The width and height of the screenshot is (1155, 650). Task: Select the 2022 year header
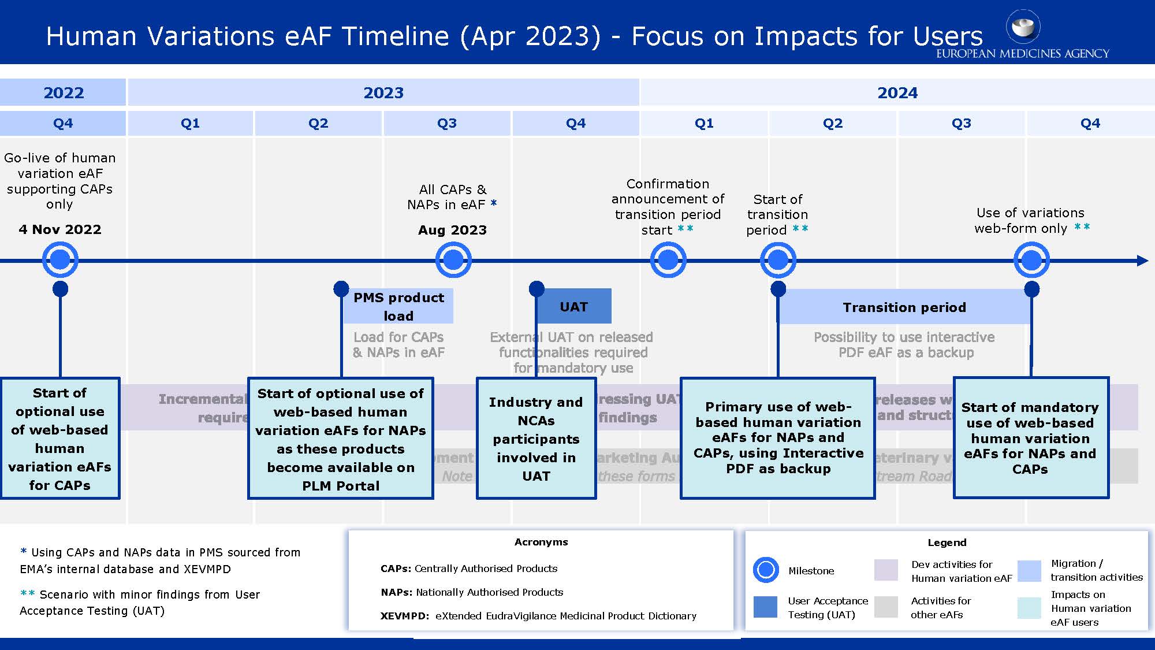[x=63, y=92]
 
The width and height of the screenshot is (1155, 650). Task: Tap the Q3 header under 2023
[x=446, y=123]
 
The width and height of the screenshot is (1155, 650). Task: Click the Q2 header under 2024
[x=832, y=123]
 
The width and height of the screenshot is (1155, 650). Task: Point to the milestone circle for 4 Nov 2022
[x=60, y=260]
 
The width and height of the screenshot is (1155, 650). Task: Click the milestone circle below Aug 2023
[x=453, y=260]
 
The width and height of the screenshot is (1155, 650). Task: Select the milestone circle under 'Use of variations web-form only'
[x=1031, y=261]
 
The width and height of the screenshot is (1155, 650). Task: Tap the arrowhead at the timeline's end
[x=1142, y=261]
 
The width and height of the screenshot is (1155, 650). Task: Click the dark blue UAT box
[x=573, y=306]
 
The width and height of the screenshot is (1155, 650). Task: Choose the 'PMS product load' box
[x=398, y=306]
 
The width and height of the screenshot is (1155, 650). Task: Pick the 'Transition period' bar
[x=904, y=307]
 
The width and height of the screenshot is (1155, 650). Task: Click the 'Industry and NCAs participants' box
[x=536, y=439]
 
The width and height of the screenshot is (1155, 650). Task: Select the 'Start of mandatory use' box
[x=1030, y=437]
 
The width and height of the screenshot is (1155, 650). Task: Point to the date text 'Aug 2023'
[x=452, y=230]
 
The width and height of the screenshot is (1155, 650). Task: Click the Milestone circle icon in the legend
[x=766, y=570]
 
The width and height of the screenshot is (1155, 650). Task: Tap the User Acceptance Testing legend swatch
[x=765, y=607]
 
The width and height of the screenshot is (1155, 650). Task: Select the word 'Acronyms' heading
[x=541, y=542]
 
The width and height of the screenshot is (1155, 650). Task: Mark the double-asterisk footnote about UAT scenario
[x=139, y=602]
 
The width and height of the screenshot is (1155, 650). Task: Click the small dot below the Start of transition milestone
[x=778, y=288]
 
